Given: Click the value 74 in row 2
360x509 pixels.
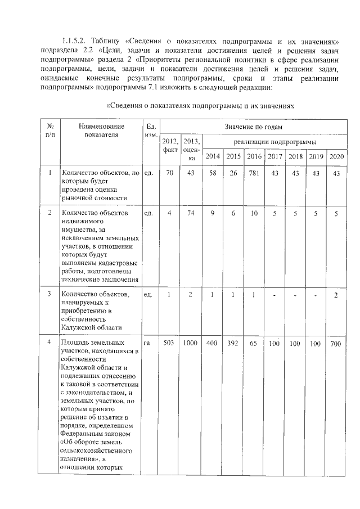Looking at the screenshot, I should point(191,213).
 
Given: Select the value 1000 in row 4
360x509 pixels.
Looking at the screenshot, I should point(191,343).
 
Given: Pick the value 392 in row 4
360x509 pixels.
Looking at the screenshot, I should point(233,343).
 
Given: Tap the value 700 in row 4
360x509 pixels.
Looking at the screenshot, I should point(336,343).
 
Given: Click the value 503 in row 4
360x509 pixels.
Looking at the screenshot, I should point(169,343).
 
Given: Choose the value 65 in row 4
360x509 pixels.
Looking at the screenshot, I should point(254,343).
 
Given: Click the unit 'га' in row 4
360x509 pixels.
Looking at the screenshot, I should point(147,343).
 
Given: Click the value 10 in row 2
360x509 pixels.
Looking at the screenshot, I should point(254,213).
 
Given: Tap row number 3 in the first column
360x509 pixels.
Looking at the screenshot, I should point(49,294).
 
